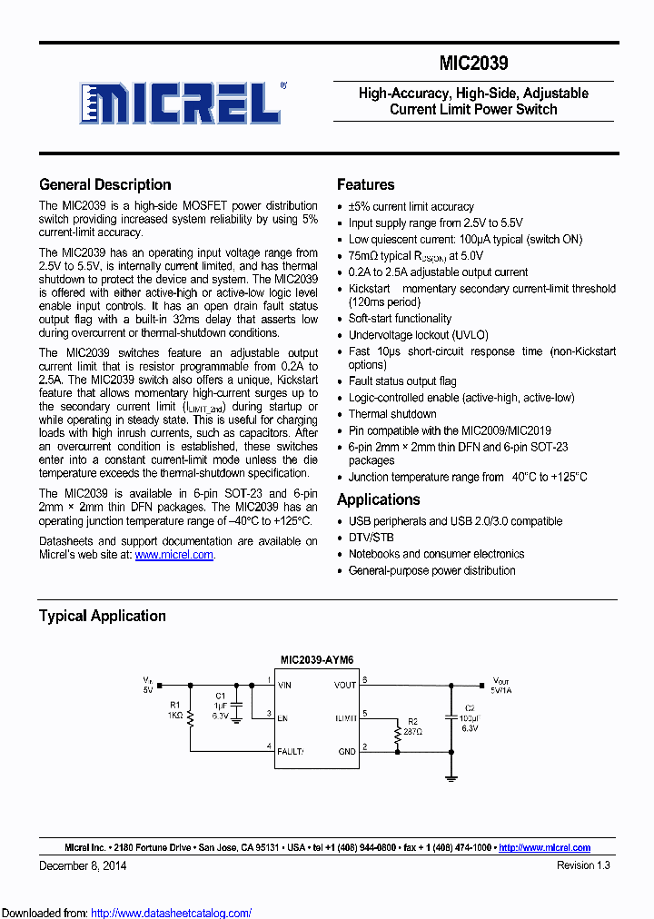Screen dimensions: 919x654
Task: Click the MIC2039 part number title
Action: click(x=473, y=64)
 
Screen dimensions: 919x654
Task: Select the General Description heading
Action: click(x=104, y=184)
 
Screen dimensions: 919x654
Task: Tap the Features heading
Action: click(x=365, y=184)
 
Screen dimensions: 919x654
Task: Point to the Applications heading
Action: click(x=378, y=499)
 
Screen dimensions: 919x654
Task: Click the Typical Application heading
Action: click(x=102, y=616)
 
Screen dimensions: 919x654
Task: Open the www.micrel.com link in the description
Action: click(x=174, y=555)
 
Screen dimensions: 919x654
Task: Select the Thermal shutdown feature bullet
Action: click(x=392, y=414)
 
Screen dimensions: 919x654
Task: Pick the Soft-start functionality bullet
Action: click(x=400, y=319)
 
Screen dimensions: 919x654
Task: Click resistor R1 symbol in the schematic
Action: click(x=191, y=715)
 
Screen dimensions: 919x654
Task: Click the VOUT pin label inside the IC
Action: click(x=345, y=686)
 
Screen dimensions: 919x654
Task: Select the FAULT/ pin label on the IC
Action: click(x=291, y=751)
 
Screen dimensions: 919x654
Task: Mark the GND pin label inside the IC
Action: click(x=348, y=751)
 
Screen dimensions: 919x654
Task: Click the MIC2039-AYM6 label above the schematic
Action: click(x=317, y=661)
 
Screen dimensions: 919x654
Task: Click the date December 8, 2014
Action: click(x=83, y=865)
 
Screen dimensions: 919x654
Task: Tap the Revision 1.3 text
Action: click(x=583, y=865)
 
